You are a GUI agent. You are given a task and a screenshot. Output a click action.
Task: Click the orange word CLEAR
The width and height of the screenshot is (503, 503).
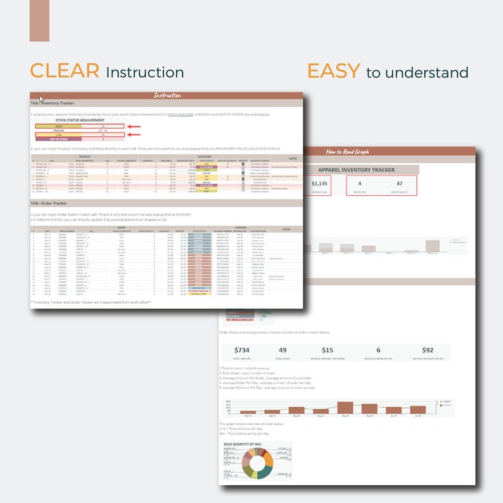pos(65,71)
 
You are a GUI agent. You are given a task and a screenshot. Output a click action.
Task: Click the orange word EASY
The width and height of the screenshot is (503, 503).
pos(334,71)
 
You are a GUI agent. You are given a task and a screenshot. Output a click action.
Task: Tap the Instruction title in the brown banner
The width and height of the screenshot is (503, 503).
pos(167,96)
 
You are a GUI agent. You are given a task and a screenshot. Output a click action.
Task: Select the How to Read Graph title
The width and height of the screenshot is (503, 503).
pos(343,151)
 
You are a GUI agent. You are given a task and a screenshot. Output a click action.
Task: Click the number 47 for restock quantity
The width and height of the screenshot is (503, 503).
pos(400,184)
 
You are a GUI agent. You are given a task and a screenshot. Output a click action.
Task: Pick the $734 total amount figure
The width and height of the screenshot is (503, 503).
pos(242,350)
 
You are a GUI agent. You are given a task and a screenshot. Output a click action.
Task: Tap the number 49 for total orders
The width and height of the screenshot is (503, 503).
pos(283,350)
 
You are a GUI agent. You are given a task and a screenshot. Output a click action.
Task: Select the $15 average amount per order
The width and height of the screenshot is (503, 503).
pos(327,350)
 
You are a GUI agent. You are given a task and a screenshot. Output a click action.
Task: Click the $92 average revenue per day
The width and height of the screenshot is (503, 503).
pos(428,350)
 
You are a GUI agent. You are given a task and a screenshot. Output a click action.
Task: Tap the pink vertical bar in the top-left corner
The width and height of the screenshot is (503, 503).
pos(39,20)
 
